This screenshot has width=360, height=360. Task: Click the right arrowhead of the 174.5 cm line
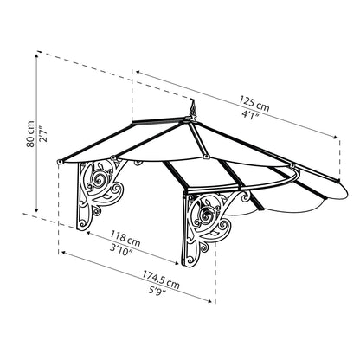[213, 303]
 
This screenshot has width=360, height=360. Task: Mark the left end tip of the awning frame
[55, 161]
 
